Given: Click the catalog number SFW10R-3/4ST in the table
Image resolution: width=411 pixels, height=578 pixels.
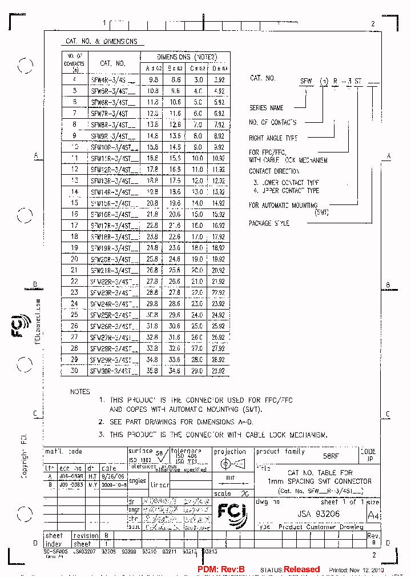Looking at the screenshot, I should click(x=113, y=147).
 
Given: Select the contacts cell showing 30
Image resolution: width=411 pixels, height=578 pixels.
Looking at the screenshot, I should click(x=74, y=370).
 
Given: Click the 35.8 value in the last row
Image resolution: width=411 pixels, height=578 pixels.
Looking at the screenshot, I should click(x=153, y=370).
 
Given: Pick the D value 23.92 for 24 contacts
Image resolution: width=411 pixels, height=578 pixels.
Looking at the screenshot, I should click(x=219, y=303).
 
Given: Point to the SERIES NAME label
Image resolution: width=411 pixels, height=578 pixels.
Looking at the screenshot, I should click(x=267, y=107).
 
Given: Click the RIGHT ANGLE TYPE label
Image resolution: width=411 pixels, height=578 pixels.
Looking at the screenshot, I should click(x=273, y=138).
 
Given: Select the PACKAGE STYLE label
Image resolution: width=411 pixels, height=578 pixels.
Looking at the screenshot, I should click(x=269, y=223).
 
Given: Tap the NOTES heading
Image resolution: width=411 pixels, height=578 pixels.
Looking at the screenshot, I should click(x=80, y=392).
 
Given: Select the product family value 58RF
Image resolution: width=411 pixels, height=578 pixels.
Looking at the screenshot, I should click(x=331, y=457).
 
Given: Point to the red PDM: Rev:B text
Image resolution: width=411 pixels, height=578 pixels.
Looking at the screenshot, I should click(x=221, y=569).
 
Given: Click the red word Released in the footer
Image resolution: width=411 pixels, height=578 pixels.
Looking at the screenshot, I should click(x=301, y=569).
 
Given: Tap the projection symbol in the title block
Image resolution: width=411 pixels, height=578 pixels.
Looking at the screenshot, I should click(x=231, y=462).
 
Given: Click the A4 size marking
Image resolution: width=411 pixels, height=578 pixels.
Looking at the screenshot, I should click(x=372, y=515).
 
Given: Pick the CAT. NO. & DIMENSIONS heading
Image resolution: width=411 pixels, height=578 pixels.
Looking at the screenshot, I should click(x=102, y=42).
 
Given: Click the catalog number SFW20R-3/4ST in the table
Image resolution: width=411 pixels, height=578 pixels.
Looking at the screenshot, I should click(x=113, y=259).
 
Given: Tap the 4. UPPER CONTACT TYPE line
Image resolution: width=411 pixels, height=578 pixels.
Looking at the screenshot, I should click(x=286, y=190).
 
